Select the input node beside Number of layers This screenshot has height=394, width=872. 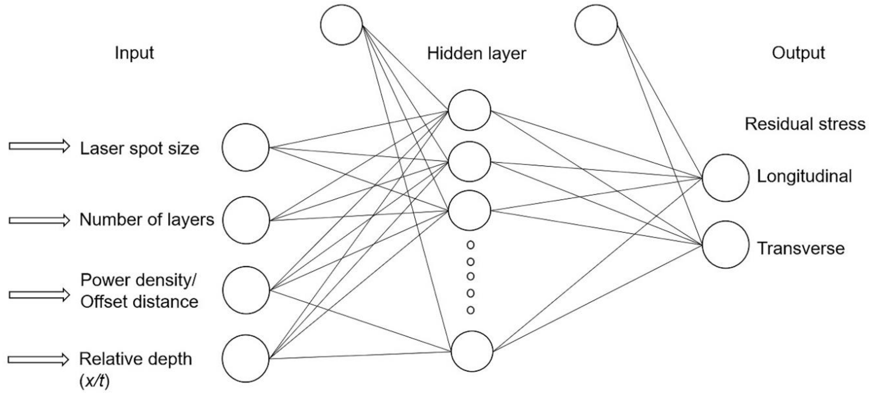point(246,220)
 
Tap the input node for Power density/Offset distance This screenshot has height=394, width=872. point(246,290)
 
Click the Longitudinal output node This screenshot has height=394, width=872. point(725,178)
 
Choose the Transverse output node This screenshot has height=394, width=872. point(725,244)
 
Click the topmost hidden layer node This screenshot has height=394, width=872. point(470,110)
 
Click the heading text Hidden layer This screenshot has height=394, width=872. point(477,54)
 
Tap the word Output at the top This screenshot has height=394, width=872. point(798,53)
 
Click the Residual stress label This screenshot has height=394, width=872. point(805,124)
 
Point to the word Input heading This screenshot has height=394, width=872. point(134,53)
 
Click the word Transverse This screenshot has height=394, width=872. point(801,249)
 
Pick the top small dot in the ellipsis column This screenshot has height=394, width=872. point(470,245)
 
